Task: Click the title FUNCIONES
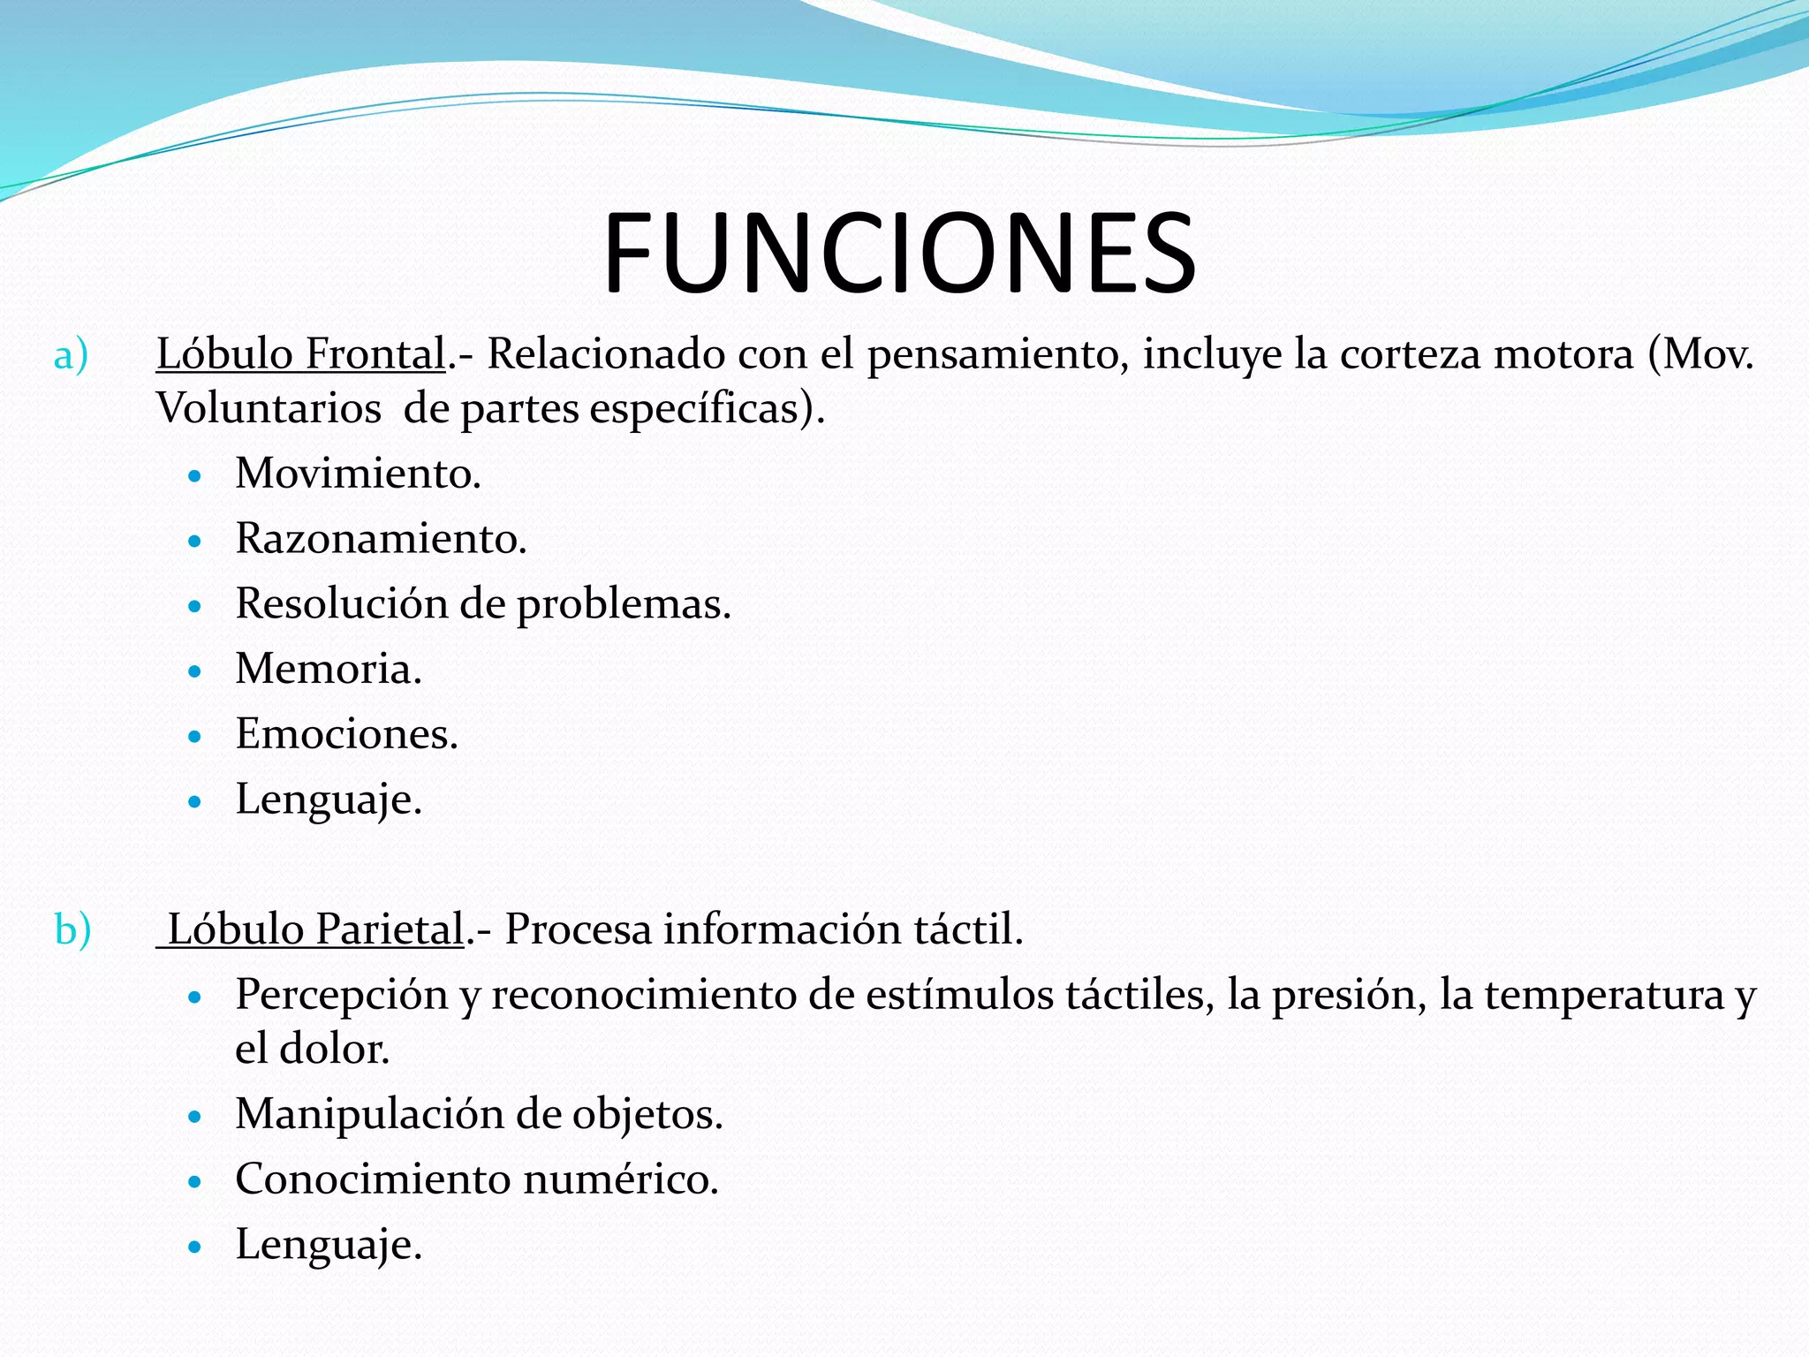[x=899, y=254]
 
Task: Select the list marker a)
[x=71, y=356]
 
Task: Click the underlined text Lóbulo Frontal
[x=300, y=354]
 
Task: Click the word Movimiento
[x=358, y=474]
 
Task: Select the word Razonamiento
[x=381, y=539]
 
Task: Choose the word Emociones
[x=346, y=734]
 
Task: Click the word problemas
[x=624, y=605]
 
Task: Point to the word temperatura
[x=1603, y=996]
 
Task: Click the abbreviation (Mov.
[x=1700, y=354]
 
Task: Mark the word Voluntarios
[x=269, y=409]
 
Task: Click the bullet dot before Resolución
[x=196, y=606]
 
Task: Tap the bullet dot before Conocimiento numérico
[x=196, y=1181]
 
